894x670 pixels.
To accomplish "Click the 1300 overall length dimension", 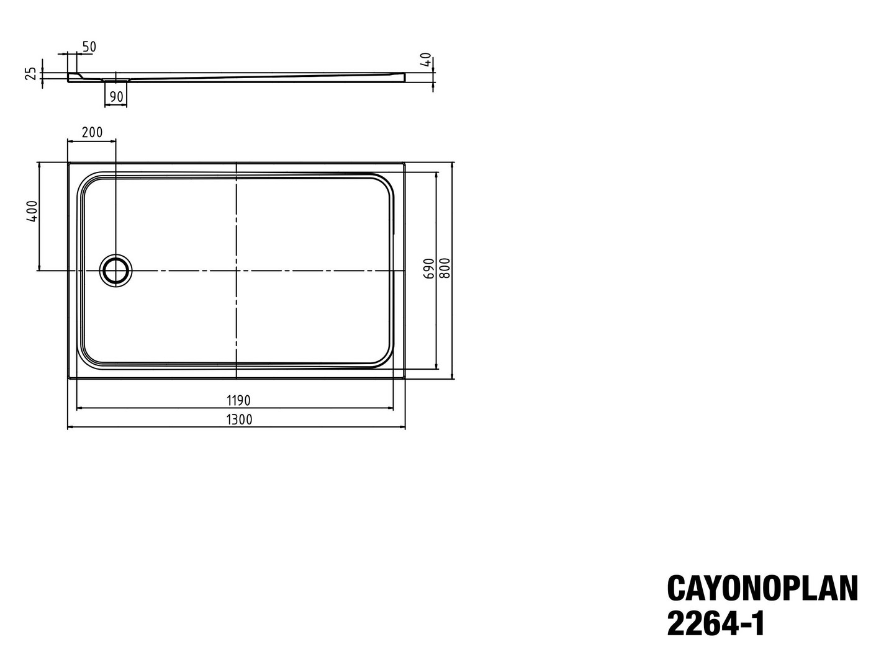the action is pyautogui.click(x=239, y=419).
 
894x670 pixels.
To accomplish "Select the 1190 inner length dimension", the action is pyautogui.click(x=238, y=401).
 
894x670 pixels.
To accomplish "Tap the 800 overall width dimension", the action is pyautogui.click(x=446, y=268).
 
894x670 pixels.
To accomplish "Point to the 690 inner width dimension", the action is pyautogui.click(x=428, y=269).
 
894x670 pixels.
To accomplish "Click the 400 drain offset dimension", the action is pyautogui.click(x=32, y=211).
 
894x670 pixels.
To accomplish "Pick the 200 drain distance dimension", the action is pyautogui.click(x=93, y=132).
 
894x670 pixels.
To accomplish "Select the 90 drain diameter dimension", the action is pyautogui.click(x=117, y=97).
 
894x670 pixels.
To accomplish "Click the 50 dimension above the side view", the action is pyautogui.click(x=89, y=47).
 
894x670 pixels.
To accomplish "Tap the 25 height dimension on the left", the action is pyautogui.click(x=31, y=74).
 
